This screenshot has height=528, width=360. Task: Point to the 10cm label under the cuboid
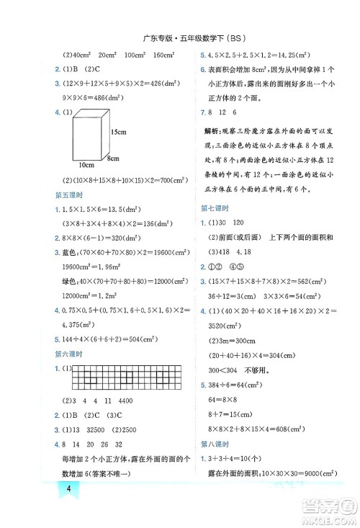pyautogui.click(x=88, y=165)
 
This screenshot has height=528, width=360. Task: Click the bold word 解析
pyautogui.click(x=213, y=133)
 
